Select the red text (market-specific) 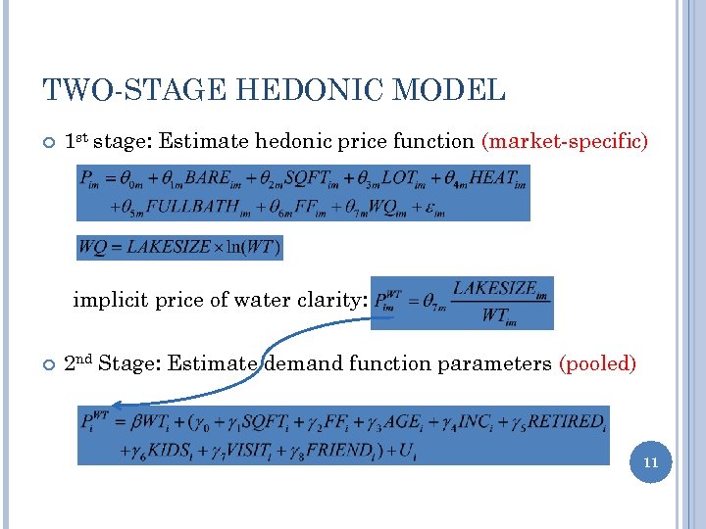[x=565, y=141]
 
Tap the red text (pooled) [x=597, y=364]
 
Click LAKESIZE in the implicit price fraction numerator [x=494, y=289]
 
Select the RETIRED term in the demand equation [x=566, y=422]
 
